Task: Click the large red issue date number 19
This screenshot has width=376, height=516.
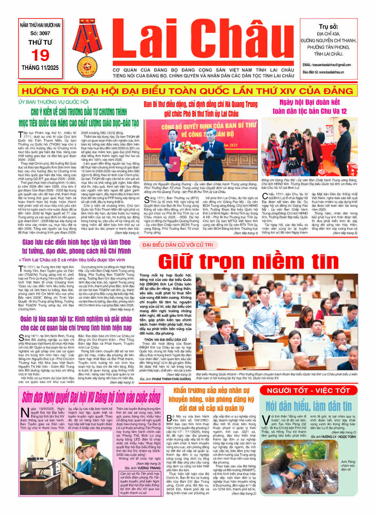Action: click(40, 56)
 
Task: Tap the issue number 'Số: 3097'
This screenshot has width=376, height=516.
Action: click(40, 33)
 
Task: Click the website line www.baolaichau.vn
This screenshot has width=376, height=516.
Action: click(323, 72)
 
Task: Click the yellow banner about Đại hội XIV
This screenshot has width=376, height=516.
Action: click(188, 91)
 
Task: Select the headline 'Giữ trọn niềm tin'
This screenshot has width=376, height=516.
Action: click(248, 261)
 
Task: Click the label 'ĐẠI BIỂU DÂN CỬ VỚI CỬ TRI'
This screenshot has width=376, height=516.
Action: click(178, 245)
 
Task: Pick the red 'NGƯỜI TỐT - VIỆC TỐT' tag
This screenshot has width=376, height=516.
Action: click(308, 390)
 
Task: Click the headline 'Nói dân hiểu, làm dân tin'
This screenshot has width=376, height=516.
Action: click(308, 406)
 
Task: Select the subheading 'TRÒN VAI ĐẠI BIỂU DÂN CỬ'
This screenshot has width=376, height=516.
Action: click(165, 339)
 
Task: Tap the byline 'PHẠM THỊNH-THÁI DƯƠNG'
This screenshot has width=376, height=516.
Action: click(172, 379)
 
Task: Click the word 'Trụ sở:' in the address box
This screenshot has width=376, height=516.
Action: click(328, 27)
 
